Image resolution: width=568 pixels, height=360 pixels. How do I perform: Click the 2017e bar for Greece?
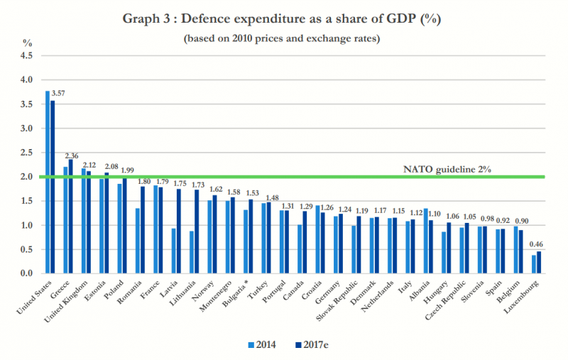(70, 217)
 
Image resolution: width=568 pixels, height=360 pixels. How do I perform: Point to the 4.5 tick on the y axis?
(27, 55)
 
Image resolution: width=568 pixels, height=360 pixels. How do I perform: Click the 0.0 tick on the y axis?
(27, 273)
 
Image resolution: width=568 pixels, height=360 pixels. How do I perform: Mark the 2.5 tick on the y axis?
(27, 152)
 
